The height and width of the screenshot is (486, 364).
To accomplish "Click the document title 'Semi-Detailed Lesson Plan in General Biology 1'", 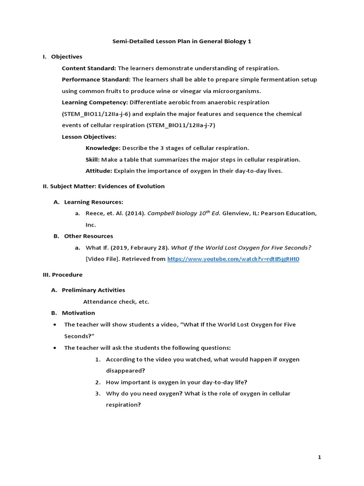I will coord(182,41).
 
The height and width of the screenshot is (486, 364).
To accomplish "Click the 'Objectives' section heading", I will coord(66,56).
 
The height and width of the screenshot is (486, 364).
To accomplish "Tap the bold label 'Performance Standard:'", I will coord(96,79).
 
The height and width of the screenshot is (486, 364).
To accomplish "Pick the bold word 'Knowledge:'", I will coord(103,148).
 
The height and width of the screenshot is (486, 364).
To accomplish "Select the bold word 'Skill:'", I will coord(92,159).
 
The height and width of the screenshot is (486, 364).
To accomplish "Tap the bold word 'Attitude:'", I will coord(99,171).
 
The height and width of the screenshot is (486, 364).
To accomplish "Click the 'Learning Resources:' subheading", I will coord(93,202).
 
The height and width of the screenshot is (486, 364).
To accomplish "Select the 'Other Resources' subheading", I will coord(89,236).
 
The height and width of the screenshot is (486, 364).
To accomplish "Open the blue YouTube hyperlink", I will coord(233,259).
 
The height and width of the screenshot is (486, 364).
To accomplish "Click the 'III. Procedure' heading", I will coord(63,274).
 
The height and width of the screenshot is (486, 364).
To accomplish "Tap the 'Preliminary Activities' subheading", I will coord(93,290).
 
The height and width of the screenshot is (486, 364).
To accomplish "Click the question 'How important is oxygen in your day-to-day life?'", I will coord(176,382).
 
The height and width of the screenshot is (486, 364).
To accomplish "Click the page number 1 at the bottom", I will coord(319,457).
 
